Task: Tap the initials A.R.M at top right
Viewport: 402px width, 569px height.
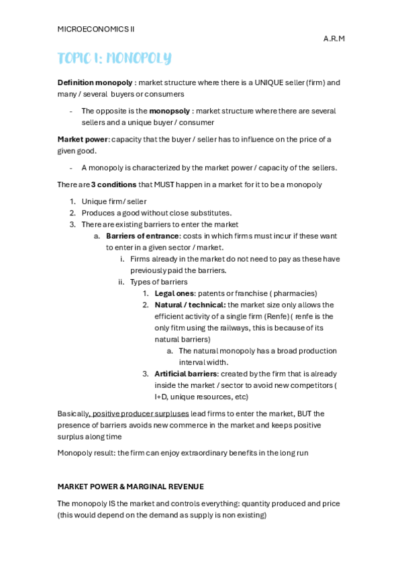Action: point(334,39)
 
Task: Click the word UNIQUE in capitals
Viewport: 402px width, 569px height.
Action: point(258,83)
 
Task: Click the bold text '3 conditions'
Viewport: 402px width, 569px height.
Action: point(113,185)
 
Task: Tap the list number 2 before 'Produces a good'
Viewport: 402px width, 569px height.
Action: point(72,213)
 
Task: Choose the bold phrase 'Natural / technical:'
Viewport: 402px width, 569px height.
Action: point(190,305)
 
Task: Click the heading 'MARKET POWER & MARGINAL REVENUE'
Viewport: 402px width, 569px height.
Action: point(130,486)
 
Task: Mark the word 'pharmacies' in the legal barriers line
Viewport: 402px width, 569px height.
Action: point(294,293)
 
